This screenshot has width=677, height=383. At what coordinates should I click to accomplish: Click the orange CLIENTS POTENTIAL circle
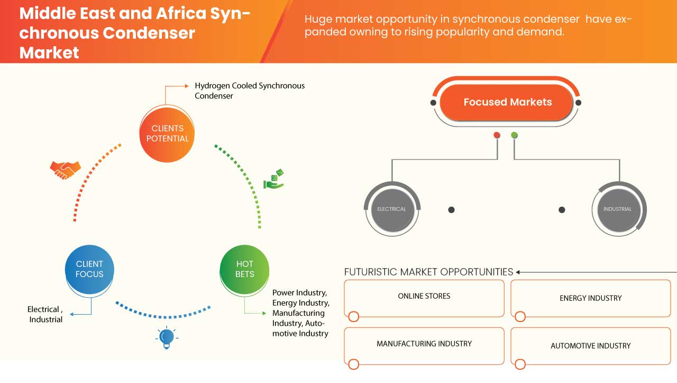pyautogui.click(x=167, y=133)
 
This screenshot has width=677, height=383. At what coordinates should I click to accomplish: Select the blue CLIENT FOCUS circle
pyautogui.click(x=89, y=269)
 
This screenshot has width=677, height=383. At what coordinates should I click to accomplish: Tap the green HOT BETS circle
pyautogui.click(x=244, y=269)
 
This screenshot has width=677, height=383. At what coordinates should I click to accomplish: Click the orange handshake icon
pyautogui.click(x=65, y=170)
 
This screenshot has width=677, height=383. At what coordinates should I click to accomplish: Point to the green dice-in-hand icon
pyautogui.click(x=274, y=179)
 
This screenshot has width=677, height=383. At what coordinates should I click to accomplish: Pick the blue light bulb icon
pyautogui.click(x=167, y=337)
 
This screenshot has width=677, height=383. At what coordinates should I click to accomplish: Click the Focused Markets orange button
pyautogui.click(x=507, y=102)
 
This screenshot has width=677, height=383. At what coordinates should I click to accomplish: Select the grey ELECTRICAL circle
pyautogui.click(x=391, y=209)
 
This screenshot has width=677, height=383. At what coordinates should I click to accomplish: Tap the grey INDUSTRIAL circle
pyautogui.click(x=617, y=209)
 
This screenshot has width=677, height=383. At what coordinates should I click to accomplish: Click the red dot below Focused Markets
pyautogui.click(x=497, y=135)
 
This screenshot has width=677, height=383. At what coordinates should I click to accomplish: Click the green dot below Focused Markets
pyautogui.click(x=515, y=135)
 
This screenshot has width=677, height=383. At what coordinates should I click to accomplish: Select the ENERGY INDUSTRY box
pyautogui.click(x=590, y=298)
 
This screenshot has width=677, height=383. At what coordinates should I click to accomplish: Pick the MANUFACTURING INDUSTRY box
pyautogui.click(x=424, y=344)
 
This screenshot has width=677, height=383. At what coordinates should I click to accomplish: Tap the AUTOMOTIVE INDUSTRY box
pyautogui.click(x=590, y=346)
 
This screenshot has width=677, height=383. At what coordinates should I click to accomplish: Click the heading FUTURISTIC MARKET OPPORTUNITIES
pyautogui.click(x=428, y=272)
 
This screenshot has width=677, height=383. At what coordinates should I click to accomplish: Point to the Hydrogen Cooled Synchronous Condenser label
pyautogui.click(x=250, y=91)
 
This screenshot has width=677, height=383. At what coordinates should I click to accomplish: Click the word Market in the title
pyautogui.click(x=49, y=52)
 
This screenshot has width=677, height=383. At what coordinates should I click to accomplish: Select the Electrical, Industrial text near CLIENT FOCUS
pyautogui.click(x=45, y=314)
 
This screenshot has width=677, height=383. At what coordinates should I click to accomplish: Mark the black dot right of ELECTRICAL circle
pyautogui.click(x=451, y=210)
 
